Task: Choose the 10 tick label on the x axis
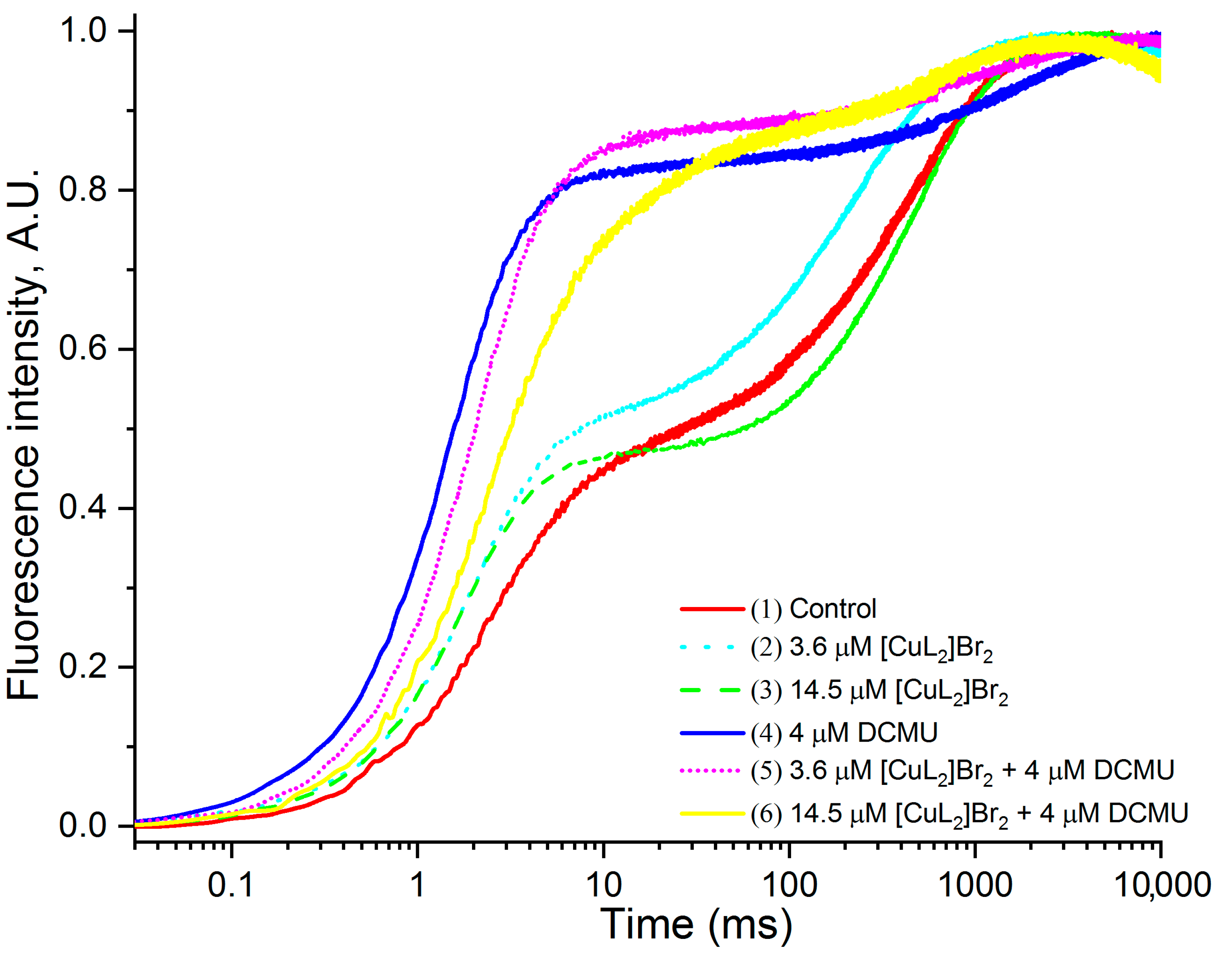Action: pyautogui.click(x=603, y=885)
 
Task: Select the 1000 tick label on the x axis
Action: pyautogui.click(x=975, y=885)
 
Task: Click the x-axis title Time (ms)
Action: pyautogui.click(x=696, y=924)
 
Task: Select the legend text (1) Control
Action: pyautogui.click(x=813, y=609)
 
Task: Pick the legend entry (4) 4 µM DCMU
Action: pyautogui.click(x=844, y=733)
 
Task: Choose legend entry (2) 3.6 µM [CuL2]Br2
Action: pyautogui.click(x=872, y=649)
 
